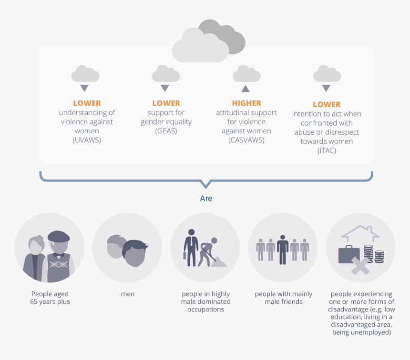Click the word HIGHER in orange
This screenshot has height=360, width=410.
point(246,103)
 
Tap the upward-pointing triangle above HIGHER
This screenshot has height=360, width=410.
point(245,89)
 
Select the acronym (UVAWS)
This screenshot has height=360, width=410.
point(87,140)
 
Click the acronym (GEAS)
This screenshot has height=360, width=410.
point(166,131)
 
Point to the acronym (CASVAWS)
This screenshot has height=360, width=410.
point(246,140)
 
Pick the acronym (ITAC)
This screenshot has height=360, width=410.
point(327,150)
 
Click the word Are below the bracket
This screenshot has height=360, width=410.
point(206,199)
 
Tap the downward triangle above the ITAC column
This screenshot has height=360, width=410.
point(326,88)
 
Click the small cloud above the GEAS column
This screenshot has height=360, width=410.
point(166,74)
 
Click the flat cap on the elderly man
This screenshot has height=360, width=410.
point(59,237)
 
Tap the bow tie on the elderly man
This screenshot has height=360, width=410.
point(59,255)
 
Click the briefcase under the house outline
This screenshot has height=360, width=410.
point(349,254)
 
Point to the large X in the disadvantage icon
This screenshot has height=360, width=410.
point(360,266)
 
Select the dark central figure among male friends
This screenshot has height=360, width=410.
point(283,250)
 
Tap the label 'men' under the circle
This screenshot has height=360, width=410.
point(128,294)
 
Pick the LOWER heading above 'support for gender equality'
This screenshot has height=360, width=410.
point(166,103)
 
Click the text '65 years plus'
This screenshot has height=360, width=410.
point(50,302)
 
